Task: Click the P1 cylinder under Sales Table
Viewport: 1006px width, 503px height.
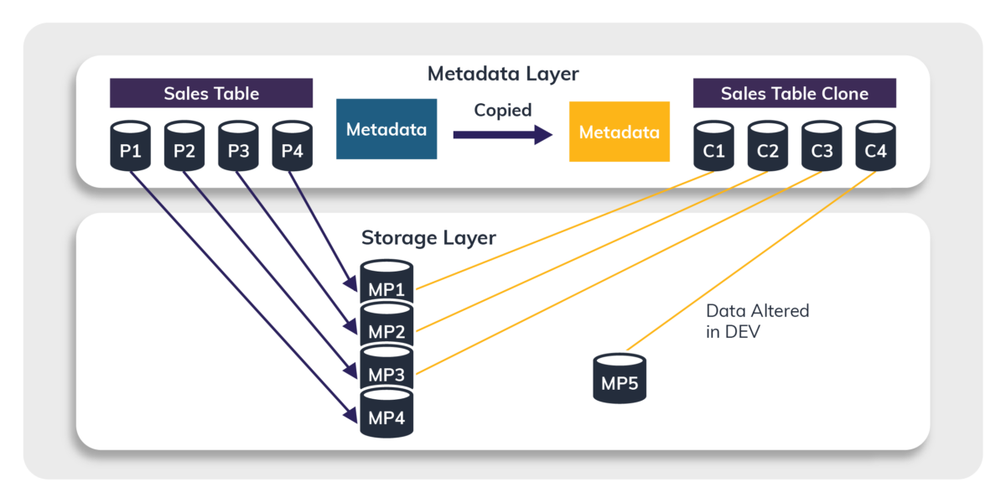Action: (x=131, y=148)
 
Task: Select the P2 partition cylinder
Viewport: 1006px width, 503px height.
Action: (x=184, y=148)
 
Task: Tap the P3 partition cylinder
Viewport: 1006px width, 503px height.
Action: (x=239, y=148)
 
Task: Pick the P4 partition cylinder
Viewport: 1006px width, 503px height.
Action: (x=293, y=148)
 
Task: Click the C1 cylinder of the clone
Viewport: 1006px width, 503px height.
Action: (x=714, y=148)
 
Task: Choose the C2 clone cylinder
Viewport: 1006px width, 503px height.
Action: (x=768, y=148)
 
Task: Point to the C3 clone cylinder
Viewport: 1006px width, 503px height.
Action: (x=822, y=148)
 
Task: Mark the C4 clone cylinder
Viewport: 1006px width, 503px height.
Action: (x=876, y=148)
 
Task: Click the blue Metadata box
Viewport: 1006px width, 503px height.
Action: (x=386, y=129)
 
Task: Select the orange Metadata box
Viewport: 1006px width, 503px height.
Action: (x=620, y=132)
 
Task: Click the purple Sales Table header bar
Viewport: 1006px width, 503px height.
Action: (x=211, y=93)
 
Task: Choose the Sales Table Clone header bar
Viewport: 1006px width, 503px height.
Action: (x=795, y=93)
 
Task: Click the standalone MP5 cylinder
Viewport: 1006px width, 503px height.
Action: (x=620, y=379)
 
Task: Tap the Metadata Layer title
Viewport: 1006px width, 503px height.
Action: (x=503, y=74)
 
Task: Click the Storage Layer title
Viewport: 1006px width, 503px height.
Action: (x=428, y=237)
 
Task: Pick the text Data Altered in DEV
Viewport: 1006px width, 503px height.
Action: (x=758, y=320)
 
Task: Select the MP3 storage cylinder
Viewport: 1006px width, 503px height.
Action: (x=387, y=371)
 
